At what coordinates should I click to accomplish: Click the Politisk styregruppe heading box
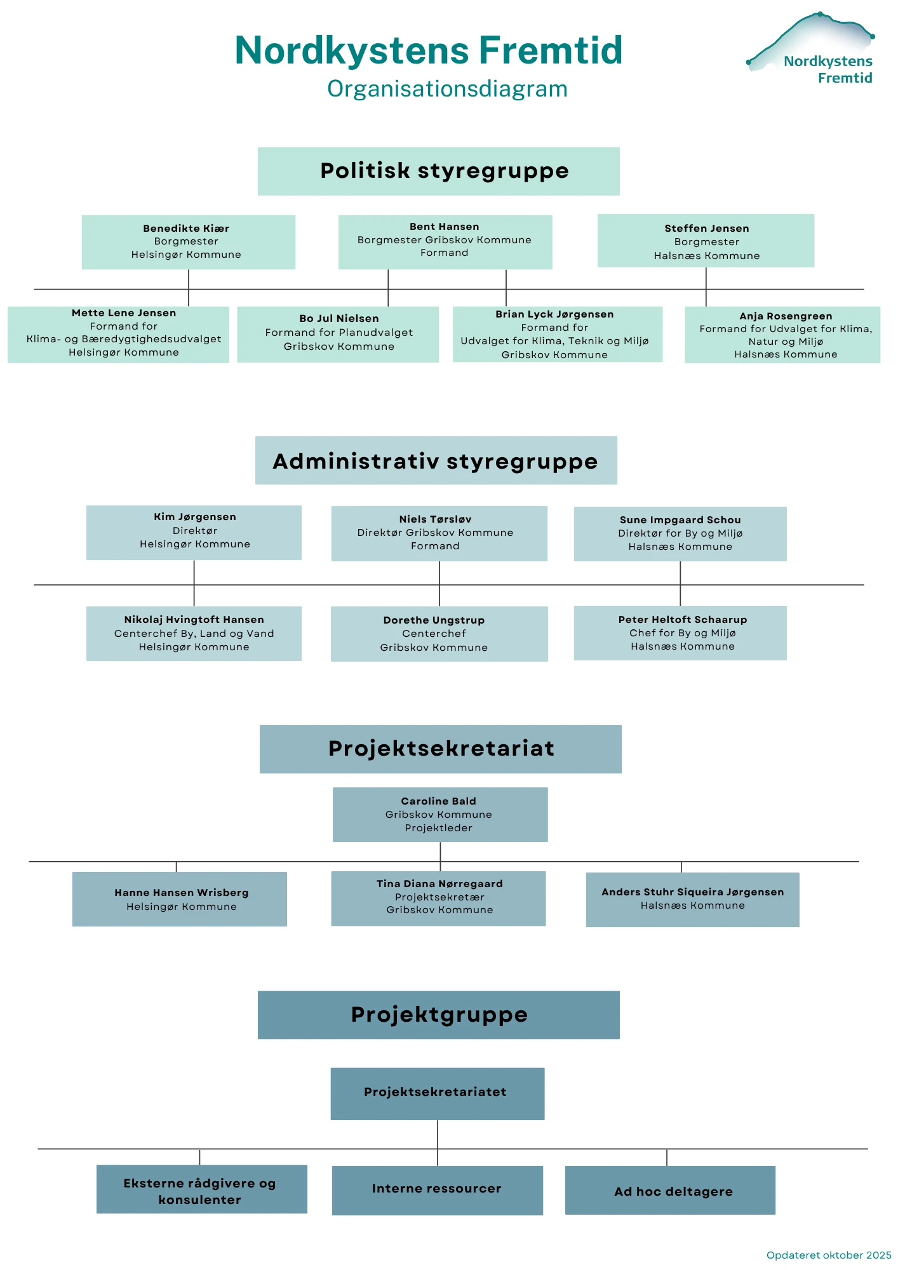point(438,171)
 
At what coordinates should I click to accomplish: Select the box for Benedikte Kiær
point(188,242)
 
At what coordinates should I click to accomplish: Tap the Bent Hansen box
point(445,241)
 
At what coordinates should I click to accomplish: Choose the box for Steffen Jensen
point(706,241)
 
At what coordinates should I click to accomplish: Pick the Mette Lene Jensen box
point(118,335)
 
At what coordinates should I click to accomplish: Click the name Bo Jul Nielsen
point(339,319)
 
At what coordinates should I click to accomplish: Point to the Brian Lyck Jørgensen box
point(557,335)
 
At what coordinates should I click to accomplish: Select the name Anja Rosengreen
point(786,316)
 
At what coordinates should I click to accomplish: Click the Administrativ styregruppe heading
point(436,461)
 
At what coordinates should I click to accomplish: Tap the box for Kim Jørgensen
point(194,532)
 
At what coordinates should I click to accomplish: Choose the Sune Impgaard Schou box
point(680,533)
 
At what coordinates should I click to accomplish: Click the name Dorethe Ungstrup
point(434,620)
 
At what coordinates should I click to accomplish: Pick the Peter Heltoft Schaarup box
point(680,633)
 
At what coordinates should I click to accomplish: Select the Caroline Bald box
point(440,815)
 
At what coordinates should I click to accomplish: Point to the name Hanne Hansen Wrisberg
point(182,893)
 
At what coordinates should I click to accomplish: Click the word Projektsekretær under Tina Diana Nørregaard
point(439,897)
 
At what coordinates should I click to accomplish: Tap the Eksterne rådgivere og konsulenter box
point(202,1189)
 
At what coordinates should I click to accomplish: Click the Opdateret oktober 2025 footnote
point(828,1255)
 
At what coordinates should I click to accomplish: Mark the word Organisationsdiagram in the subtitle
point(447,89)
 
